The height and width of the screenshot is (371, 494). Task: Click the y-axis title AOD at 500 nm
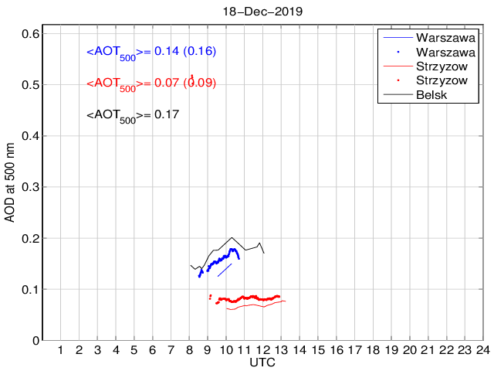click(x=10, y=183)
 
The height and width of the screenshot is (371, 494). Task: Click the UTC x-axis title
click(x=262, y=362)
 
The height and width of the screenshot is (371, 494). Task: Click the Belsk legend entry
click(x=431, y=94)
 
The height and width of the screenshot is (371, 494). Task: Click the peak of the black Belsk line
click(x=232, y=238)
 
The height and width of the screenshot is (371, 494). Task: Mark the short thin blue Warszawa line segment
click(x=225, y=270)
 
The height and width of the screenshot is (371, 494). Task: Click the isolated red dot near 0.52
click(x=191, y=77)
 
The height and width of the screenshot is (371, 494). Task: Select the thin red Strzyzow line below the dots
click(x=255, y=305)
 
